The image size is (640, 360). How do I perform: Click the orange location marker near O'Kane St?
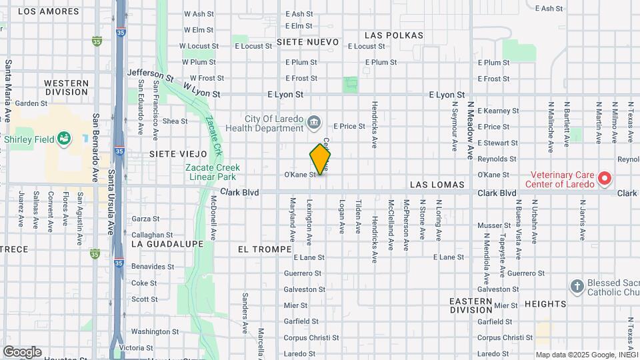click(x=320, y=160)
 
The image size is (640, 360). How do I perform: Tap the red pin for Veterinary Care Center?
click(x=604, y=178)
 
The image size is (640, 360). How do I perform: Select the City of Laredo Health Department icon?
click(x=315, y=122)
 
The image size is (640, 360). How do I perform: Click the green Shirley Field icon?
click(x=64, y=139)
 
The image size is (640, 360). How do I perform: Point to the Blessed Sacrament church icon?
click(x=577, y=287)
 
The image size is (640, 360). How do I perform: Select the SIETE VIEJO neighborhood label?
click(x=174, y=153)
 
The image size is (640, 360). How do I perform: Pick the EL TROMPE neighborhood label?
click(x=265, y=249)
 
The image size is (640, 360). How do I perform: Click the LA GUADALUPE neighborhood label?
click(x=167, y=244)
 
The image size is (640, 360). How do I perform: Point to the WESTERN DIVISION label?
click(x=66, y=87)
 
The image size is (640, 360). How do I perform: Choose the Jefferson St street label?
click(x=150, y=75)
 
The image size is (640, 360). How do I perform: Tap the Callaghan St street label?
click(x=152, y=235)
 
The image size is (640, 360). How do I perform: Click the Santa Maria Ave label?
click(x=8, y=91)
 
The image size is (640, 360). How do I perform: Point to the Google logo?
click(x=22, y=351)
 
